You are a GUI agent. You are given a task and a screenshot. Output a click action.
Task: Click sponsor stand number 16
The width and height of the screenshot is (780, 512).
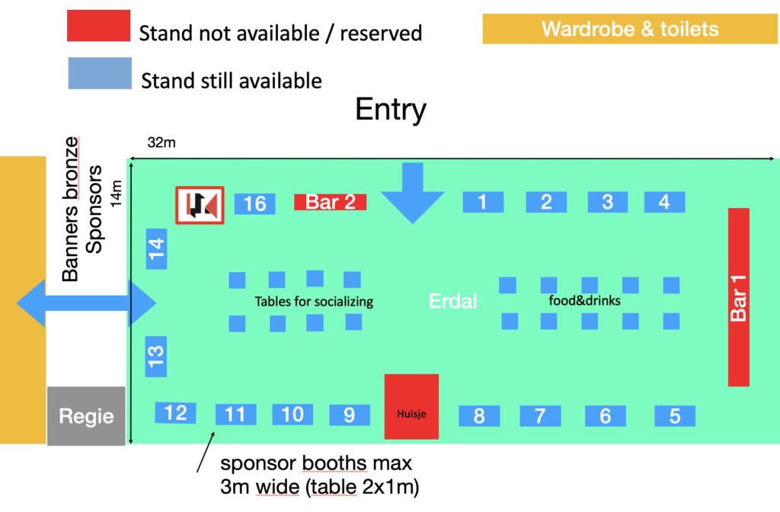[254, 203]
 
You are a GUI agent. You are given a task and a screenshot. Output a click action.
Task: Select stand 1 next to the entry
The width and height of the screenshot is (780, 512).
[483, 202]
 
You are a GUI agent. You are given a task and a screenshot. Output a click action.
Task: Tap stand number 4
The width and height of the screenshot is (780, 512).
[664, 202]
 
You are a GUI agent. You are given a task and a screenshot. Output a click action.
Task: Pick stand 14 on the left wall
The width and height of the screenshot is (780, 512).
[156, 248]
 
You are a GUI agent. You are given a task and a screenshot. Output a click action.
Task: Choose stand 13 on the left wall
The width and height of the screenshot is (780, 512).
[155, 356]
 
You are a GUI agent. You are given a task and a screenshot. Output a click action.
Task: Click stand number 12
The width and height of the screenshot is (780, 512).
[176, 412]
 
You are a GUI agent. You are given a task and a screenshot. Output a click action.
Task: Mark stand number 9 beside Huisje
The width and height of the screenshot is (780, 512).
[350, 414]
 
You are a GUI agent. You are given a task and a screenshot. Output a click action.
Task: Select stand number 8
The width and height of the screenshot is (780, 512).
[479, 416]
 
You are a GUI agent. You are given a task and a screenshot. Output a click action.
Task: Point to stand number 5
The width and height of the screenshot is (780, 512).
[675, 416]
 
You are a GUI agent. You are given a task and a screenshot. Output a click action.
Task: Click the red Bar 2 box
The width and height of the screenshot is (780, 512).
[331, 202]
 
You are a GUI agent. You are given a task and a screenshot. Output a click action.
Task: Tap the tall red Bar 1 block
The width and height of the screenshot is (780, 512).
[739, 296]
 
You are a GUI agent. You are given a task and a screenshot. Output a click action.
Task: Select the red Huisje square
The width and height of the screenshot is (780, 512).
[411, 407]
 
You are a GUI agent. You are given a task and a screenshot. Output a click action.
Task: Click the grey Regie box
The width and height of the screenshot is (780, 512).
[86, 416]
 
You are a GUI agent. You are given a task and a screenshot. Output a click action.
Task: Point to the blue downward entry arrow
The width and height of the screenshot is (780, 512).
[412, 194]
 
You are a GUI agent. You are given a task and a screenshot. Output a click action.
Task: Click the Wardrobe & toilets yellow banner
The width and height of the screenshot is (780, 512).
[630, 30]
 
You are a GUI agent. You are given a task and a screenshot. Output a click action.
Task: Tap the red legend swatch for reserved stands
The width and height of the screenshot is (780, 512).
[97, 26]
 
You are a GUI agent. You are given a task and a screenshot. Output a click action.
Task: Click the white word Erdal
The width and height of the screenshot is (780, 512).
[452, 301]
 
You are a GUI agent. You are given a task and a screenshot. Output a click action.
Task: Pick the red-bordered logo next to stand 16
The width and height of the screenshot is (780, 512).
[200, 206]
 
